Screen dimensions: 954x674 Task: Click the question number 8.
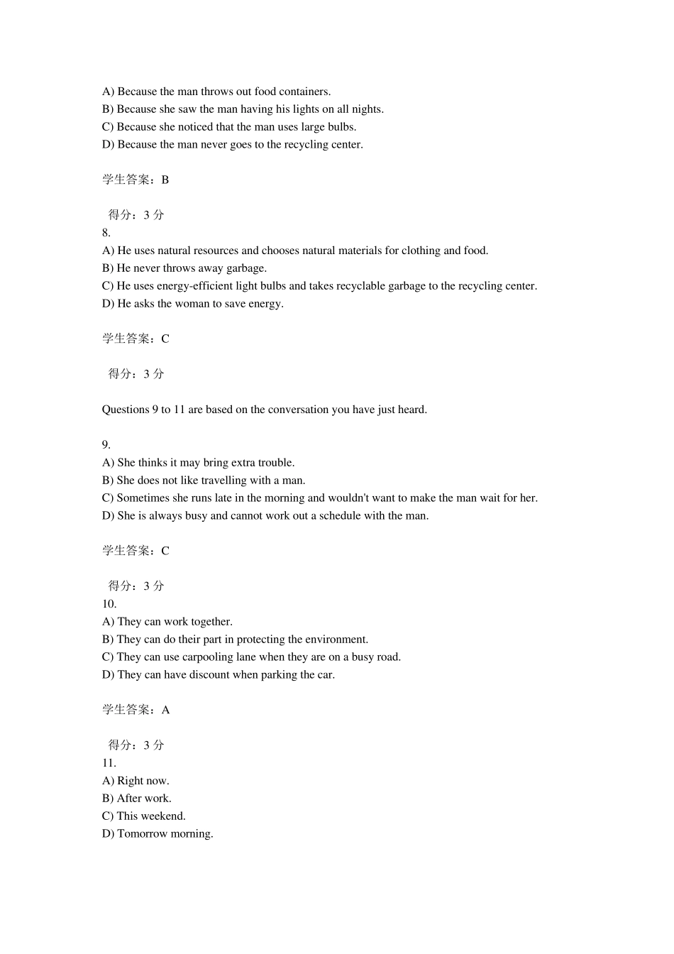pyautogui.click(x=106, y=233)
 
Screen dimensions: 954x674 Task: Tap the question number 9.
pyautogui.click(x=106, y=445)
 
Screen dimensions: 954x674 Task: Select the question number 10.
pyautogui.click(x=109, y=604)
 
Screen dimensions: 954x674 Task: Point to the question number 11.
pyautogui.click(x=109, y=763)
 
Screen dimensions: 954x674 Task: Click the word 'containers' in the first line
pyautogui.click(x=304, y=92)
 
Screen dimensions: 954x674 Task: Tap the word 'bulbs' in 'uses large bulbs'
pyautogui.click(x=341, y=127)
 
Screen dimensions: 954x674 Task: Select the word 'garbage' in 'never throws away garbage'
pyautogui.click(x=245, y=268)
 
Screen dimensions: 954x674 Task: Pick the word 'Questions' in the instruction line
pyautogui.click(x=126, y=410)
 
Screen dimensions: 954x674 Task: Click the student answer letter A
pyautogui.click(x=165, y=710)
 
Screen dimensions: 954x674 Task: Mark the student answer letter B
pyautogui.click(x=165, y=180)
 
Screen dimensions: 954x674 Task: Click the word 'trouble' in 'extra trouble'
pyautogui.click(x=275, y=463)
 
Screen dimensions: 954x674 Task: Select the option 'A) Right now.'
pyautogui.click(x=136, y=781)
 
